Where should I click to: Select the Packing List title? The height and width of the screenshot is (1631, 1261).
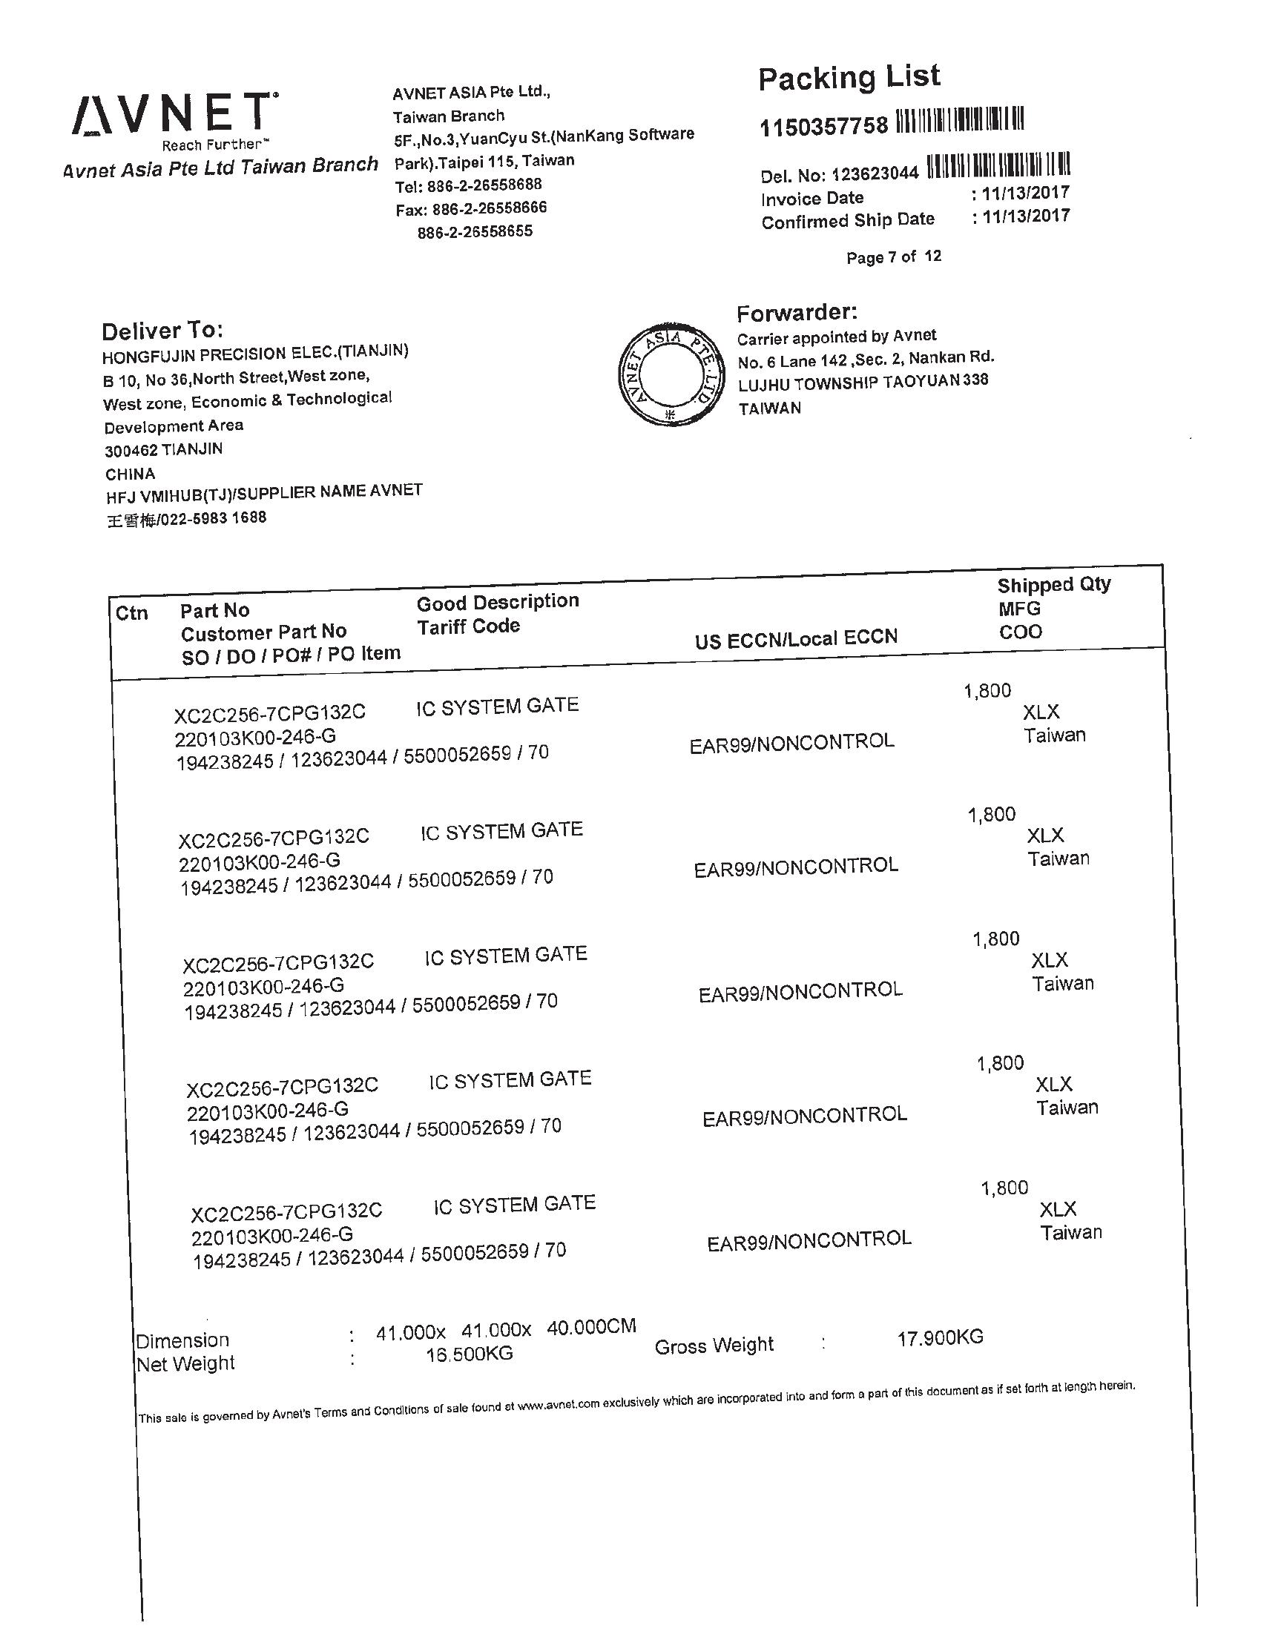849,78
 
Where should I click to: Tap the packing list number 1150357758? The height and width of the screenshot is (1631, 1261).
823,126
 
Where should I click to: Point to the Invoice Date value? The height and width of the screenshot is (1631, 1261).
1025,193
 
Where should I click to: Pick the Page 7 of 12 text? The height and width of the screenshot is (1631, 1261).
894,257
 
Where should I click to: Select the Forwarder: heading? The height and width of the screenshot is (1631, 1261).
797,312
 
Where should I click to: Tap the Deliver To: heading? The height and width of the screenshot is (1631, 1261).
162,331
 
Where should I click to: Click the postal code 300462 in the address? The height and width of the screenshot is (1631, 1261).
131,450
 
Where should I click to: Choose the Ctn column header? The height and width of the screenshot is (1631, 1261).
131,613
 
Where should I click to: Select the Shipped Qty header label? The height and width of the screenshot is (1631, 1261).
1053,585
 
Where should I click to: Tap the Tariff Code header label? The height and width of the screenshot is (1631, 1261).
467,626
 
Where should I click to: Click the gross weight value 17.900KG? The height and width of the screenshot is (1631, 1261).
940,1337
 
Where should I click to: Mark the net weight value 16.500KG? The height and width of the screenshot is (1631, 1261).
469,1353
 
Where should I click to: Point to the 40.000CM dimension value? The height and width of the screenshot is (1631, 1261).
591,1327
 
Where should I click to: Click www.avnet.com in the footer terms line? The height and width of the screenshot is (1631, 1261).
558,1405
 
